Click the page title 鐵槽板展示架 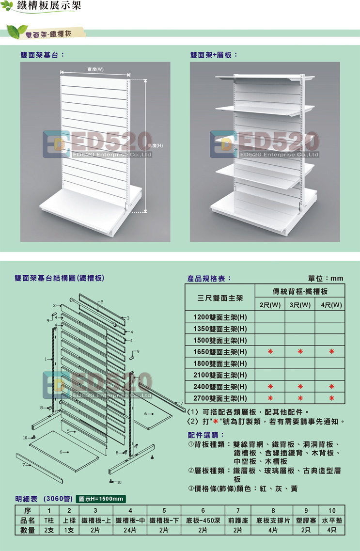pos(49,6)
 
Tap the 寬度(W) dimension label pos(95,69)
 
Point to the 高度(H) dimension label pos(155,145)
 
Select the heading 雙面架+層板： pos(214,55)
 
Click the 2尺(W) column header pos(270,305)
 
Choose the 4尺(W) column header pos(331,305)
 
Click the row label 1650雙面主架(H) pos(220,352)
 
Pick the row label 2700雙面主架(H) pos(220,398)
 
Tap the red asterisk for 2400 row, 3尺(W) pos(300,387)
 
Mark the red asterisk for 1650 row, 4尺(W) pos(331,351)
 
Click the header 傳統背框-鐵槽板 pos(300,291)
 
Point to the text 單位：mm pos(326,278)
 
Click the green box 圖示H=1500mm pos(101,499)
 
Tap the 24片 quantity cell pos(130,530)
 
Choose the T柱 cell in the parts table pos(49,520)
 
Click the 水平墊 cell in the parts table pos(332,520)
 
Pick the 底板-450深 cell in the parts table pos(203,520)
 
